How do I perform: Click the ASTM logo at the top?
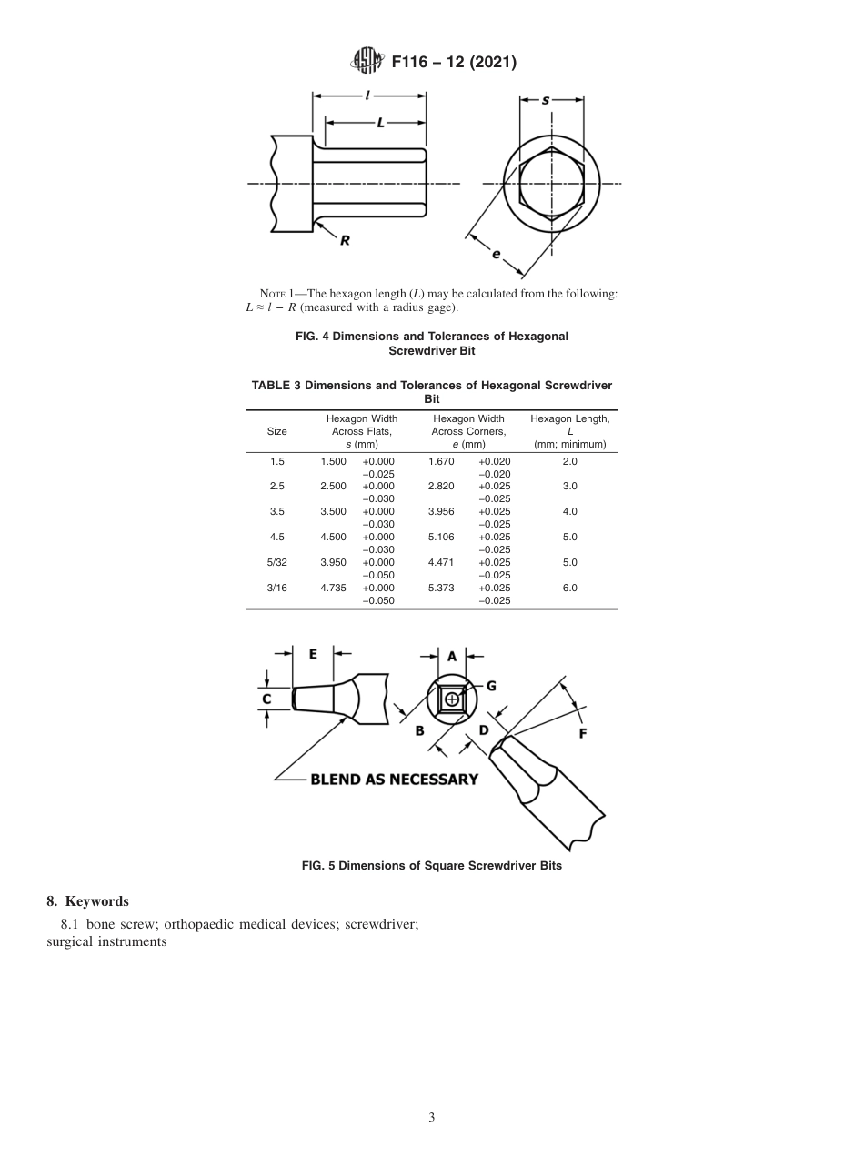tap(367, 62)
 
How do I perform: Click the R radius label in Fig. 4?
tap(345, 241)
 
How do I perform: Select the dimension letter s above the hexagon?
tap(546, 100)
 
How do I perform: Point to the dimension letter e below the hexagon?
tap(496, 254)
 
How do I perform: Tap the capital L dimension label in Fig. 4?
tap(380, 122)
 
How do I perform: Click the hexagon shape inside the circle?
tap(551, 183)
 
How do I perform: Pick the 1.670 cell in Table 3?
tap(441, 462)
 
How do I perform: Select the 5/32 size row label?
tap(276, 563)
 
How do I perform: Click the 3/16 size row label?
tap(276, 589)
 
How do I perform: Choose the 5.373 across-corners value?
tap(441, 589)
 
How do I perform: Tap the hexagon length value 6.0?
tap(569, 589)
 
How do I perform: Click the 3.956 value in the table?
tap(441, 512)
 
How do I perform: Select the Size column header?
tap(276, 431)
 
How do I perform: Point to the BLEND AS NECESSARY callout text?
tap(394, 780)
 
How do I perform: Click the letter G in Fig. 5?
tap(491, 685)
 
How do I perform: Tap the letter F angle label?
tap(582, 733)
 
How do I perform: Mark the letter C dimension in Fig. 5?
tap(266, 699)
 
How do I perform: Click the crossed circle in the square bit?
tap(452, 699)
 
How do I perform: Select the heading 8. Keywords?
tap(87, 901)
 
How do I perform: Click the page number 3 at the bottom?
tap(431, 1118)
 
